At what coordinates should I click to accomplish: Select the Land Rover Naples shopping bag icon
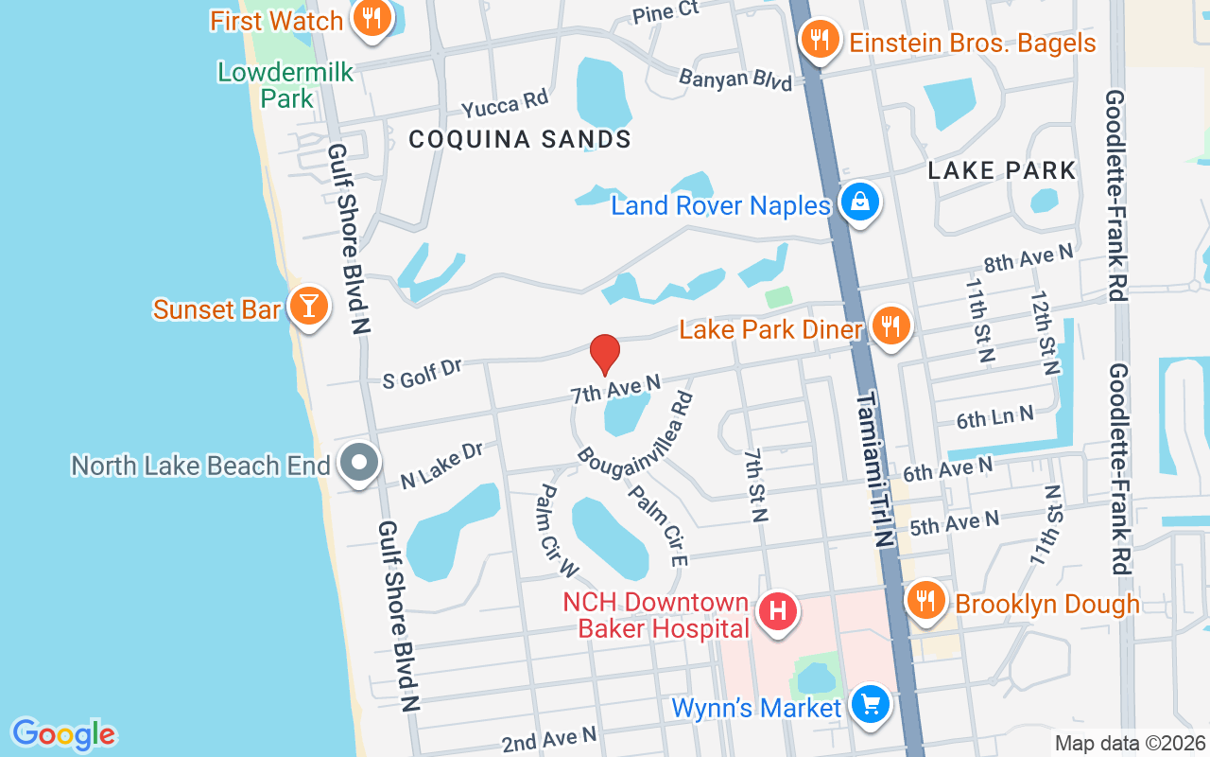pos(860,202)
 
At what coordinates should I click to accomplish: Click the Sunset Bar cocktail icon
pos(308,307)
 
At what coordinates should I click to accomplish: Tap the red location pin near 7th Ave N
pos(605,353)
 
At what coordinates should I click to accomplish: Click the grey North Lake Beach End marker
pos(359,464)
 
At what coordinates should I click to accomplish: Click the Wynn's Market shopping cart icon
pos(870,705)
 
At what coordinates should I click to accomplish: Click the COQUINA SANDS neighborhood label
pos(520,140)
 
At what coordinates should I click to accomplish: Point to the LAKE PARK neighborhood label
pos(1002,170)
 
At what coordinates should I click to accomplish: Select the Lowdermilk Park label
pos(285,84)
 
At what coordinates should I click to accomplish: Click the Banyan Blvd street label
pos(735,79)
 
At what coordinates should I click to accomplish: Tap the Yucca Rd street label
pos(505,103)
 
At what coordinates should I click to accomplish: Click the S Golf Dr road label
pos(422,373)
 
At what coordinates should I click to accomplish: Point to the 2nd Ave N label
pos(549,738)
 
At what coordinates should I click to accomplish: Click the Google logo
pos(63,734)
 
